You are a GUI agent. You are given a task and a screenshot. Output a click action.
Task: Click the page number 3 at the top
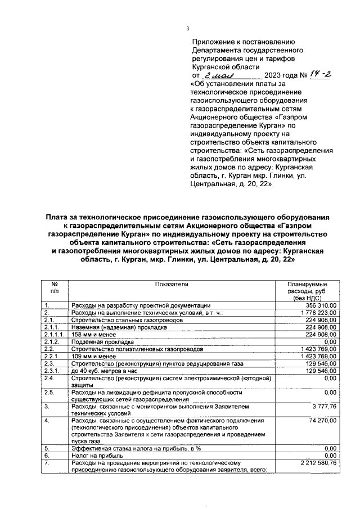[188, 29]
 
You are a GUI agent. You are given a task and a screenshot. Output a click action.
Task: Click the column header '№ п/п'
[55, 288]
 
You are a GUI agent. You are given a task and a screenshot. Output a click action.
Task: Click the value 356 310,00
[319, 305]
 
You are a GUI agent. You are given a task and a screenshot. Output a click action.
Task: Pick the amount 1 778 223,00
[317, 312]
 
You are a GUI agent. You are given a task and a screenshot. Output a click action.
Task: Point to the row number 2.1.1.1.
[55, 334]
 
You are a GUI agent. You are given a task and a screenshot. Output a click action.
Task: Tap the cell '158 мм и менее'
[93, 334]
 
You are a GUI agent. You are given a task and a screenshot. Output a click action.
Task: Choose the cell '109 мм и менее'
[93, 356]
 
